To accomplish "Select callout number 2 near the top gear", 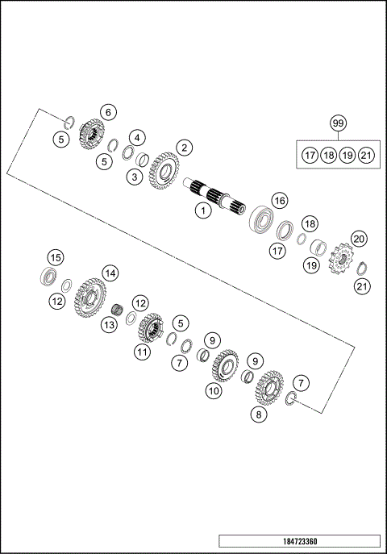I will (x=185, y=148).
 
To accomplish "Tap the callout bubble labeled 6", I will (x=135, y=176).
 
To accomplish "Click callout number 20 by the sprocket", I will (x=360, y=239).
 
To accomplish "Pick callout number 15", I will (x=54, y=257).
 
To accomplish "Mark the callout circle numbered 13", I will (x=109, y=324).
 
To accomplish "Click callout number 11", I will (x=142, y=352).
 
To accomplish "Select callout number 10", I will (x=213, y=390).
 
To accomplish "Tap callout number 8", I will (x=258, y=414).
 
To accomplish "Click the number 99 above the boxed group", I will (x=338, y=123).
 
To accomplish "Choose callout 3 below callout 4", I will (x=135, y=176).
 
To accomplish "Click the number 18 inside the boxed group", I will (x=328, y=155).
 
